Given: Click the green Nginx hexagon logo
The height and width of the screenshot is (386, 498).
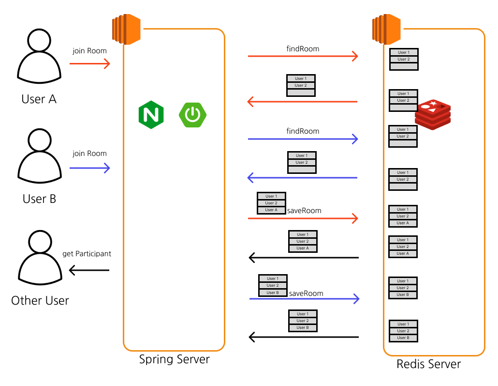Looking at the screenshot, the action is click(151, 115).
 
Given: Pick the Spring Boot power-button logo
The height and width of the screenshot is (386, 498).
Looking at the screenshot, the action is click(192, 115).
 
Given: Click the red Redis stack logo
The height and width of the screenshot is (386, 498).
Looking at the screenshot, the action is click(433, 115).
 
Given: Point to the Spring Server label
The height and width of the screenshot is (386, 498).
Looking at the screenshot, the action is click(175, 359).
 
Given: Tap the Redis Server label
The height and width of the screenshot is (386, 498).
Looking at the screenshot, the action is click(428, 364).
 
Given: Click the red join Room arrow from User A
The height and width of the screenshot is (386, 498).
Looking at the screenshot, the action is click(90, 63).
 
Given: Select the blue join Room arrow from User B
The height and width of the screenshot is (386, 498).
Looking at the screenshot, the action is click(90, 168).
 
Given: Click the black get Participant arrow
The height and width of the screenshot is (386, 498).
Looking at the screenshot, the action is click(89, 270).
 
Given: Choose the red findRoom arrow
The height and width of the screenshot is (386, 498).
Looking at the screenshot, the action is click(303, 56).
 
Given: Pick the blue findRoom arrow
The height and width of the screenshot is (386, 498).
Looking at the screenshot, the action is click(303, 139).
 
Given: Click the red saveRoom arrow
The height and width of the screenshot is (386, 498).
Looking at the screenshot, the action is click(303, 218).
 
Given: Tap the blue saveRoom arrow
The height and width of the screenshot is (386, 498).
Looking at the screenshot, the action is click(304, 299).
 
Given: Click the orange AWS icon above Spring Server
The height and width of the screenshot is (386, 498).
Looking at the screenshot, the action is click(126, 29).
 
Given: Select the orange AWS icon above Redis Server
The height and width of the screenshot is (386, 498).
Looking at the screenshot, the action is click(386, 29).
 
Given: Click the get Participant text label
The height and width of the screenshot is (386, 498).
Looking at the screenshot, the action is click(87, 254).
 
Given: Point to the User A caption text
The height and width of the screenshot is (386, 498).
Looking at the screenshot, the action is click(39, 99).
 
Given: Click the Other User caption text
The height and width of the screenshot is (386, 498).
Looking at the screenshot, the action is click(40, 301).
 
